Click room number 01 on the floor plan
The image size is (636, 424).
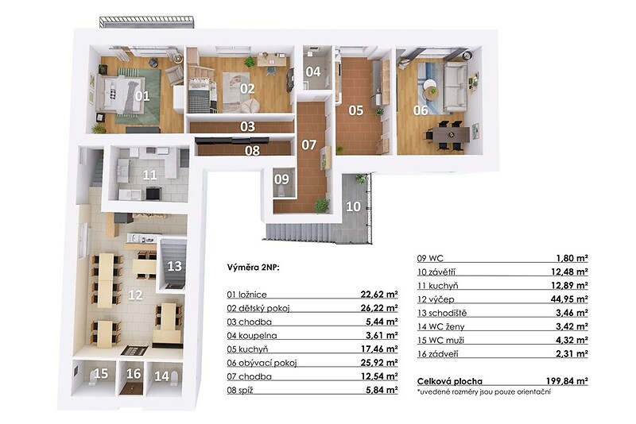[142, 96]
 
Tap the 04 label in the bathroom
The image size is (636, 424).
[312, 71]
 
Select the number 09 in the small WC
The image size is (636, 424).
[281, 179]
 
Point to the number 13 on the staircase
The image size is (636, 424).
[174, 266]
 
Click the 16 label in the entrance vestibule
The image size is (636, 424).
[134, 373]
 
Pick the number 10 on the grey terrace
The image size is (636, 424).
[353, 206]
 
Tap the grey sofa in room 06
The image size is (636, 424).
[455, 87]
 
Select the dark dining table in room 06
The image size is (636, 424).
[451, 134]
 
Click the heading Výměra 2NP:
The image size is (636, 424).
[253, 268]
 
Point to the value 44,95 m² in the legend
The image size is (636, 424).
[569, 299]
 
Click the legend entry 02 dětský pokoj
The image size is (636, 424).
[258, 308]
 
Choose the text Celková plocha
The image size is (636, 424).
[450, 381]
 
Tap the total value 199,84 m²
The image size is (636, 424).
[567, 381]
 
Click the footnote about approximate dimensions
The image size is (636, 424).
[484, 392]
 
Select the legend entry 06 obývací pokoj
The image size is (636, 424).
[262, 363]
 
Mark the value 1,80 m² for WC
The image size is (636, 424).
[572, 258]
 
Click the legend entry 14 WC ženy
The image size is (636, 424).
[441, 326]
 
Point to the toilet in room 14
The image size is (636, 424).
[175, 378]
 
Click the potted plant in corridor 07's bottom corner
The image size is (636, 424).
[322, 205]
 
